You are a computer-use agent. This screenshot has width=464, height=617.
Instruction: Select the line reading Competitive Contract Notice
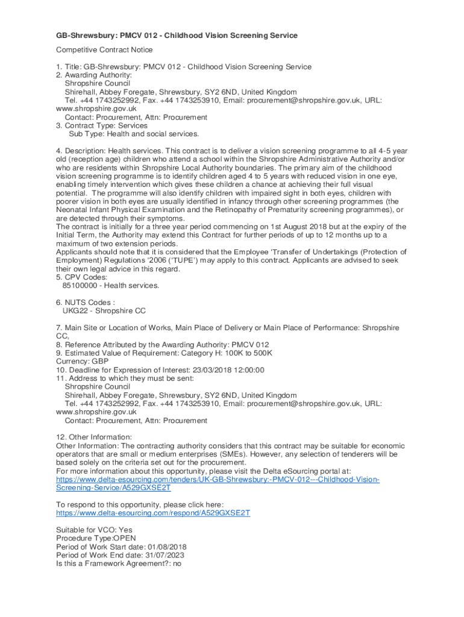[x=104, y=49]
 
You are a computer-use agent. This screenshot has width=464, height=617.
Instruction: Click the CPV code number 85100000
[x=81, y=286]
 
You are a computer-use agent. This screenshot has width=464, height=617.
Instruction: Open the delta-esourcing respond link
[x=153, y=513]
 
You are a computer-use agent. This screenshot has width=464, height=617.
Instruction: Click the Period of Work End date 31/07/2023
[x=162, y=555]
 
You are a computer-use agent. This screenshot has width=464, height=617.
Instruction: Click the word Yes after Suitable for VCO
[x=127, y=530]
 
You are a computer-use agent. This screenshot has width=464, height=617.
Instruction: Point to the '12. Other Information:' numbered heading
[x=94, y=437]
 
